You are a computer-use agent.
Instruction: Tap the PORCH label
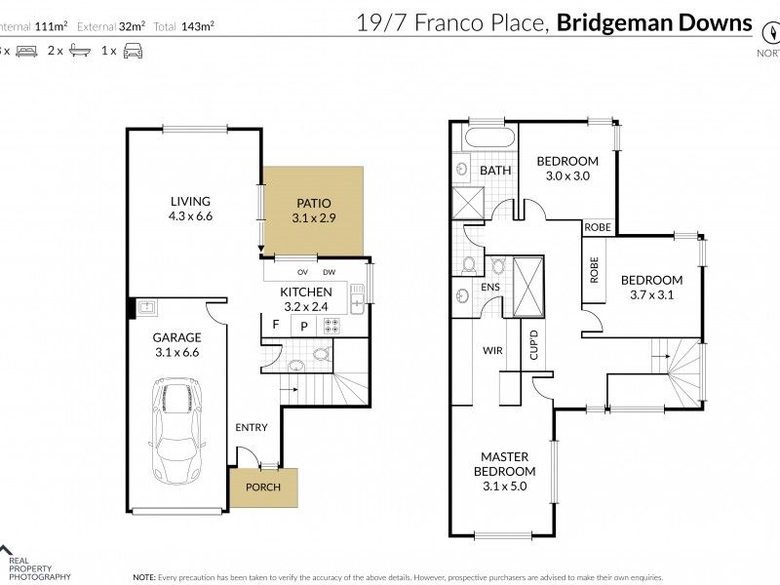tap(262, 487)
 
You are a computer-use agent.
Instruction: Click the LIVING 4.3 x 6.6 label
tap(189, 209)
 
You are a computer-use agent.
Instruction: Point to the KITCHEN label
tap(306, 292)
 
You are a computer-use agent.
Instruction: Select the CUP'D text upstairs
tap(533, 348)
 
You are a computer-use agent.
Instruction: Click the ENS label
tap(490, 288)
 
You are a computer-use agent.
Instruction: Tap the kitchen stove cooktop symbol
tap(331, 326)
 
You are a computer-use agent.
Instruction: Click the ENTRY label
tap(252, 428)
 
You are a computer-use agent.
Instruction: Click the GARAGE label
tap(176, 345)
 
